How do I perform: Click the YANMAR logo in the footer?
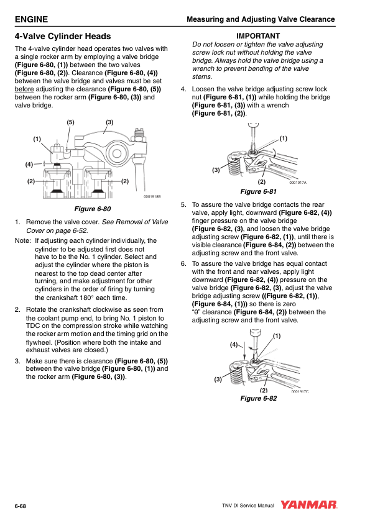pyautogui.click(x=308, y=505)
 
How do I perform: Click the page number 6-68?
pyautogui.click(x=21, y=506)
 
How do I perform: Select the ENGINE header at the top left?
pyautogui.click(x=31, y=19)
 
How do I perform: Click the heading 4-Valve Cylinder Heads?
pyautogui.click(x=63, y=36)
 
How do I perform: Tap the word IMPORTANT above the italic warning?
pyautogui.click(x=258, y=36)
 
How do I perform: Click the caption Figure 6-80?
pyautogui.click(x=93, y=209)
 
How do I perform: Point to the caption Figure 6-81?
pyautogui.click(x=259, y=191)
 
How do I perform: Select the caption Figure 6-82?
pyautogui.click(x=259, y=398)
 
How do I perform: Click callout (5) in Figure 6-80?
pyautogui.click(x=70, y=122)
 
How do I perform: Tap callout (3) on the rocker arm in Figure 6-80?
pyautogui.click(x=109, y=122)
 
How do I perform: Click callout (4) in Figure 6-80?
pyautogui.click(x=29, y=164)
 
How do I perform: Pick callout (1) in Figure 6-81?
pyautogui.click(x=283, y=138)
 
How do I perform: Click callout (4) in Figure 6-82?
pyautogui.click(x=234, y=344)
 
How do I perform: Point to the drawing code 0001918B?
pyautogui.click(x=152, y=196)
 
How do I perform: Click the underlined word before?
pyautogui.click(x=24, y=89)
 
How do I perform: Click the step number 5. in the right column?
pyautogui.click(x=183, y=204)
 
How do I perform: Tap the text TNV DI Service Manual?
pyautogui.click(x=247, y=506)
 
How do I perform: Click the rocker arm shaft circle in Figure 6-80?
pyautogui.click(x=116, y=153)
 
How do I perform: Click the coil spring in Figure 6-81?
pyautogui.click(x=234, y=165)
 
